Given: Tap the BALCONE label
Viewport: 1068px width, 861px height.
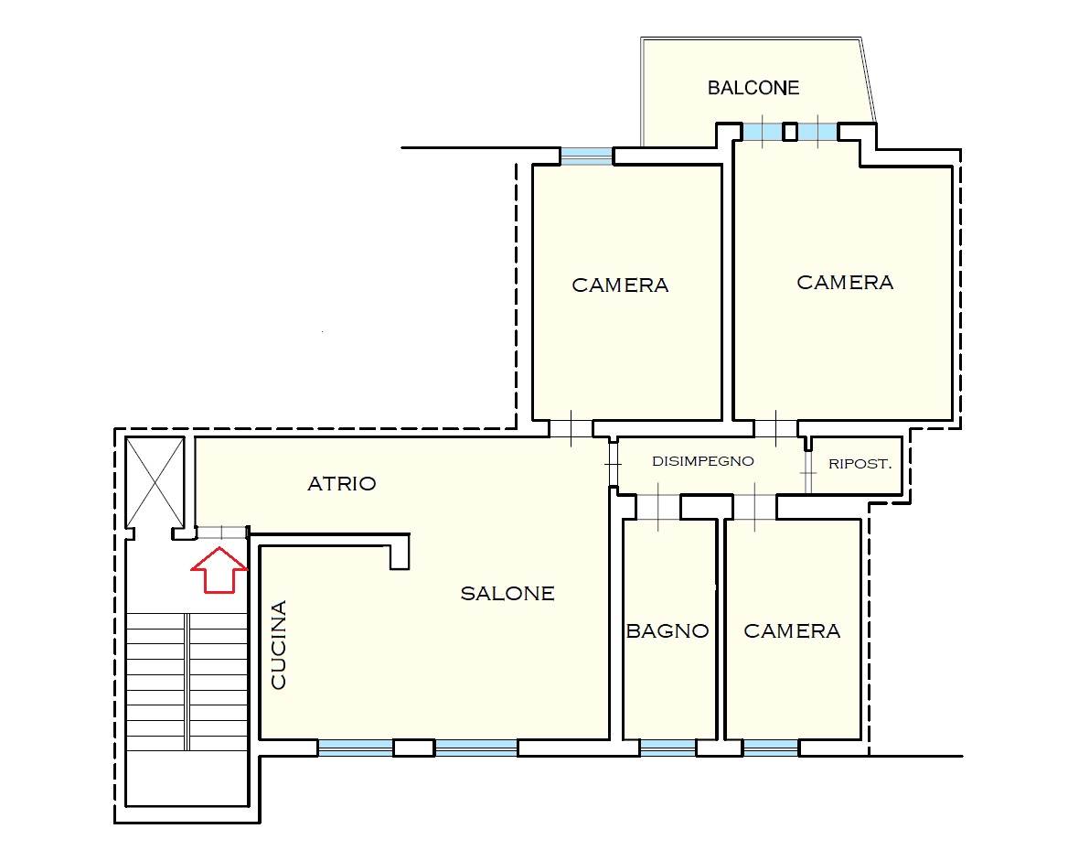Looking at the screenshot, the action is tap(753, 88).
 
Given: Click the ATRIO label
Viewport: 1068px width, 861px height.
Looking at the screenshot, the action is tap(342, 484).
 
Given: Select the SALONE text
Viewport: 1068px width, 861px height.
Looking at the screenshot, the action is tap(507, 594).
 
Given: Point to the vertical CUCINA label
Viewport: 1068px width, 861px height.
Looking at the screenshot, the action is tap(279, 645).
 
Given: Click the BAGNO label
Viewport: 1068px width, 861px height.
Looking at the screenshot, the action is tap(667, 631).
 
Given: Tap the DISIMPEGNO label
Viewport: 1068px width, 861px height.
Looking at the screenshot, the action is tap(703, 461).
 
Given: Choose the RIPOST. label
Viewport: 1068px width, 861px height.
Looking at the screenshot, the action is tap(860, 464).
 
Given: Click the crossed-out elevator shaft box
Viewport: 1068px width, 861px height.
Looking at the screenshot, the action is tap(155, 482).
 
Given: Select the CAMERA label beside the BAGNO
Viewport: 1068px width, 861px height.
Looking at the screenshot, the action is tap(792, 631).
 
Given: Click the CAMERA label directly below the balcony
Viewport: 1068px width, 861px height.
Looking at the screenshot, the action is tap(845, 282).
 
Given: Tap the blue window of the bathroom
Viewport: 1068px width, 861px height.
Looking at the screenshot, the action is tap(667, 748).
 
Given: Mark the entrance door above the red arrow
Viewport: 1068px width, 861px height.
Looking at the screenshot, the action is tap(221, 533).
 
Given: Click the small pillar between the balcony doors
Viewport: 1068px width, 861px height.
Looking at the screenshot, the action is tap(790, 131).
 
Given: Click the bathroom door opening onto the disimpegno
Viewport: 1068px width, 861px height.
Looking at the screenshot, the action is tap(658, 507).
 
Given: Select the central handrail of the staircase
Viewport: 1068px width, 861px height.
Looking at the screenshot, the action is tap(186, 681).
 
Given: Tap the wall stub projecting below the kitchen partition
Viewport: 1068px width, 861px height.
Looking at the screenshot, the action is tap(400, 552).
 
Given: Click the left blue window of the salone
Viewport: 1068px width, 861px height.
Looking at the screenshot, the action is tap(356, 748).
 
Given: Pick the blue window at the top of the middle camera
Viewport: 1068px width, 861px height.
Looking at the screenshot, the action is tap(586, 156).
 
